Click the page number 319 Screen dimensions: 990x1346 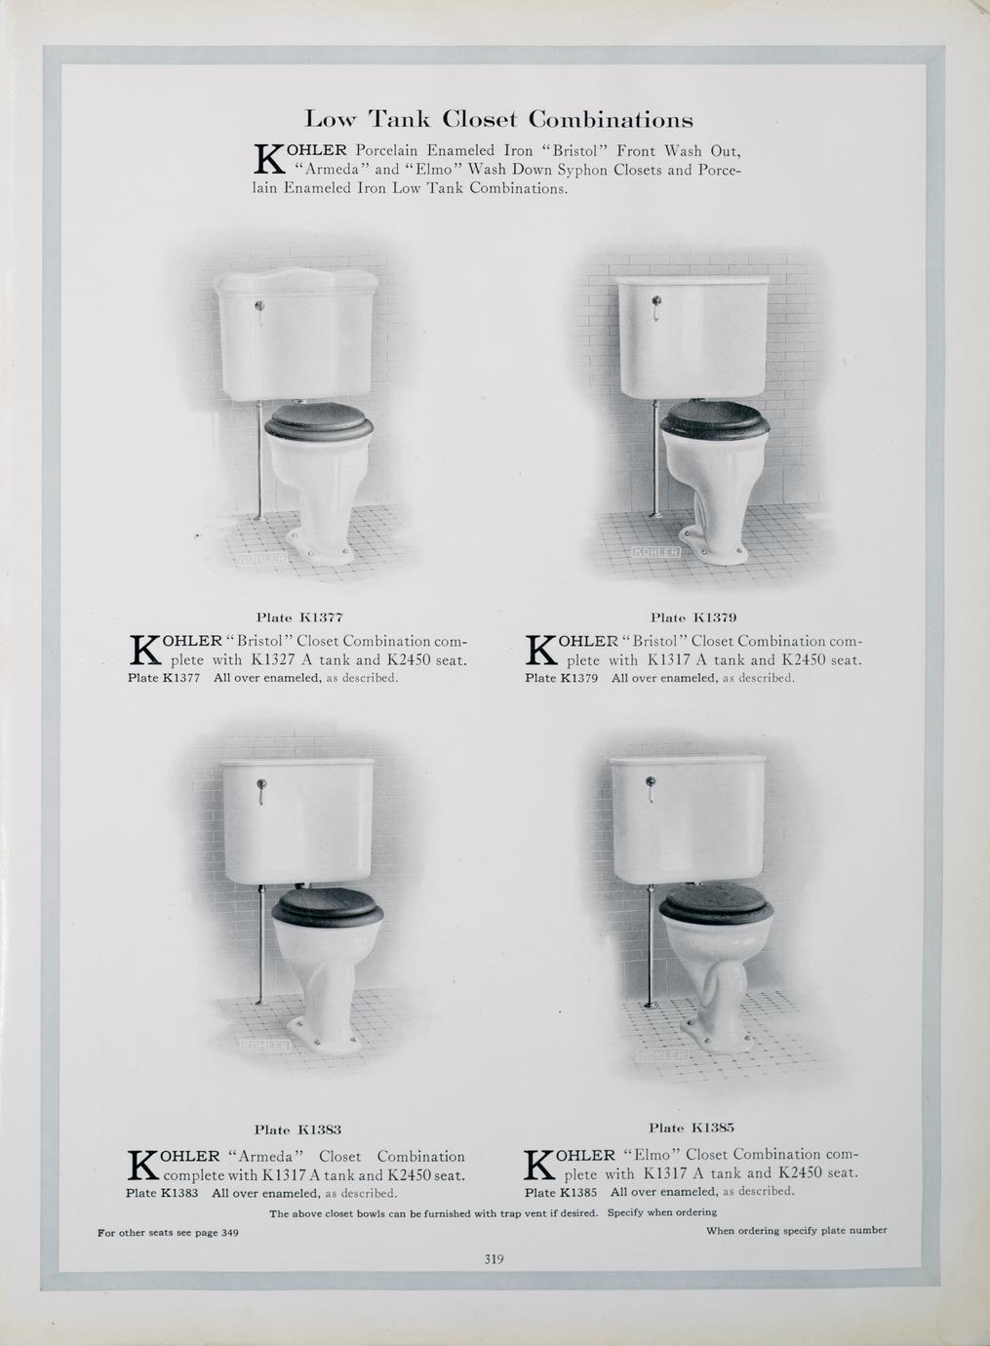(494, 1259)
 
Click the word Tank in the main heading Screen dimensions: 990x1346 (400, 119)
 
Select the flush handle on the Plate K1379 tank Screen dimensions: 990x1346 (656, 306)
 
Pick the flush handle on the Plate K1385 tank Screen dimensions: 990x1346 (650, 788)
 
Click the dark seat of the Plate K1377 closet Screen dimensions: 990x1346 (319, 421)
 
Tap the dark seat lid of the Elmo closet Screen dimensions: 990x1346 (716, 902)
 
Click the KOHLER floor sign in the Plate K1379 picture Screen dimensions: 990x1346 (655, 552)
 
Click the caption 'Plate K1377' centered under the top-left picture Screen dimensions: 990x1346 (299, 617)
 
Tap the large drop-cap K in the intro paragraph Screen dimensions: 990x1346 (268, 159)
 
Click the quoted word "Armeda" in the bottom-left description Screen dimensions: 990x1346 (266, 1156)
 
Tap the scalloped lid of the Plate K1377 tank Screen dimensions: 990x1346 (297, 280)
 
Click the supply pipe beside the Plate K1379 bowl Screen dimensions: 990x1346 (655, 459)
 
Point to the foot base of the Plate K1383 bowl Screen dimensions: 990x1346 (325, 1037)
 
